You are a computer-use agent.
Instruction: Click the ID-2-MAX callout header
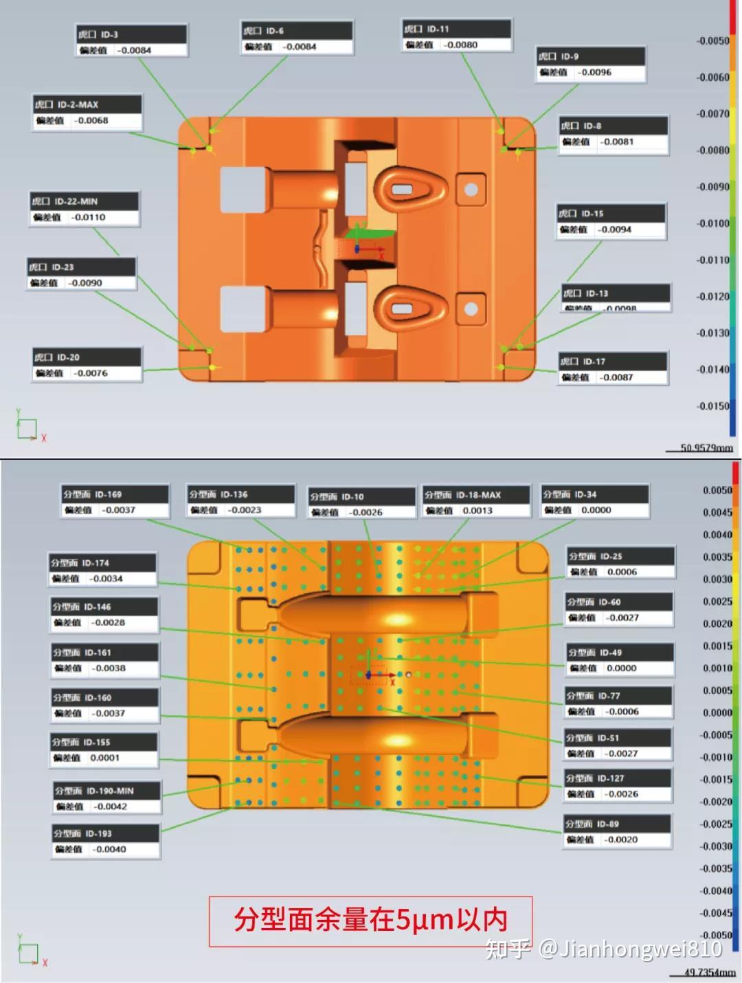click(87, 104)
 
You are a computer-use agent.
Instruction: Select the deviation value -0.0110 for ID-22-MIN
click(89, 218)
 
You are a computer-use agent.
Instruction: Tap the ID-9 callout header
click(590, 56)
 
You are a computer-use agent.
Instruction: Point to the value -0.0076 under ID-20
click(91, 373)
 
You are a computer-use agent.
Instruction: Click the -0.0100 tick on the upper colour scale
click(712, 223)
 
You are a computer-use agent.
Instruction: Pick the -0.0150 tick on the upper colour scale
click(712, 406)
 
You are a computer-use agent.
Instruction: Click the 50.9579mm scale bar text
click(706, 448)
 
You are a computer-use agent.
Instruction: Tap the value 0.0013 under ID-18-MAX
click(477, 511)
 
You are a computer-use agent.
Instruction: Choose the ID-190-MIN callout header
click(107, 791)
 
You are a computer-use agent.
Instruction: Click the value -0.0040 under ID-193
click(109, 849)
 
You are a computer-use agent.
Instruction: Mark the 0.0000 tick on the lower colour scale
click(717, 713)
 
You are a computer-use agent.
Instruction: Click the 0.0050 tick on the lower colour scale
click(717, 490)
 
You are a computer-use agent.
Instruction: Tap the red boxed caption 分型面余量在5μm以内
click(370, 921)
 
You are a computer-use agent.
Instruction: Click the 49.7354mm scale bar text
click(710, 973)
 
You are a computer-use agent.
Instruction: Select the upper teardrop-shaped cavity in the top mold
click(410, 189)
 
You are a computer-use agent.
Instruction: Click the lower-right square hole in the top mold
click(471, 308)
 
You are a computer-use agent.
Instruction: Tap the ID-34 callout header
click(595, 494)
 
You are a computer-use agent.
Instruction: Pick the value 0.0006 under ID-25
click(622, 572)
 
